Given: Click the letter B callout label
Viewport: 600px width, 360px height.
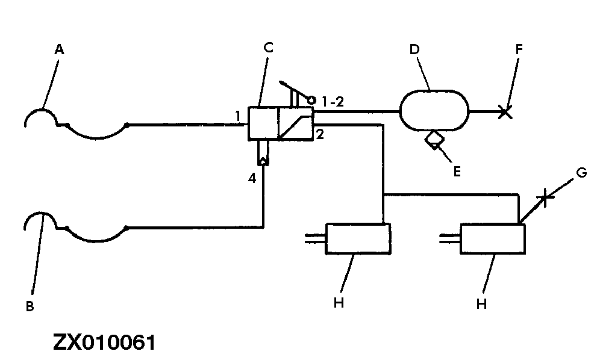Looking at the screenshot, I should [30, 306].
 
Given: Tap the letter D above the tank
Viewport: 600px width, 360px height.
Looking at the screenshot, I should [414, 49].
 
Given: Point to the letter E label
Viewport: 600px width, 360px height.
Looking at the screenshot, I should [457, 172].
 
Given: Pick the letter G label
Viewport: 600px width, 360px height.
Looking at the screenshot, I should [581, 173].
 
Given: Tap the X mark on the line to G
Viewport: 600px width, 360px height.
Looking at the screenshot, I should [545, 197].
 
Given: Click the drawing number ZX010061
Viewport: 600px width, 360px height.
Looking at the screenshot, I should [104, 343].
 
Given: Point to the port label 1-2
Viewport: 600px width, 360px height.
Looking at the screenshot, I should [332, 102].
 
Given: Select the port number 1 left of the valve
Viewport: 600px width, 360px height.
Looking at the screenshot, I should [239, 115].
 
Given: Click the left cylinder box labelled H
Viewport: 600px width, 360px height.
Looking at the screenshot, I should [358, 239].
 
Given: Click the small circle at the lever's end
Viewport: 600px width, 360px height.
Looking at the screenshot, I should [311, 99].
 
